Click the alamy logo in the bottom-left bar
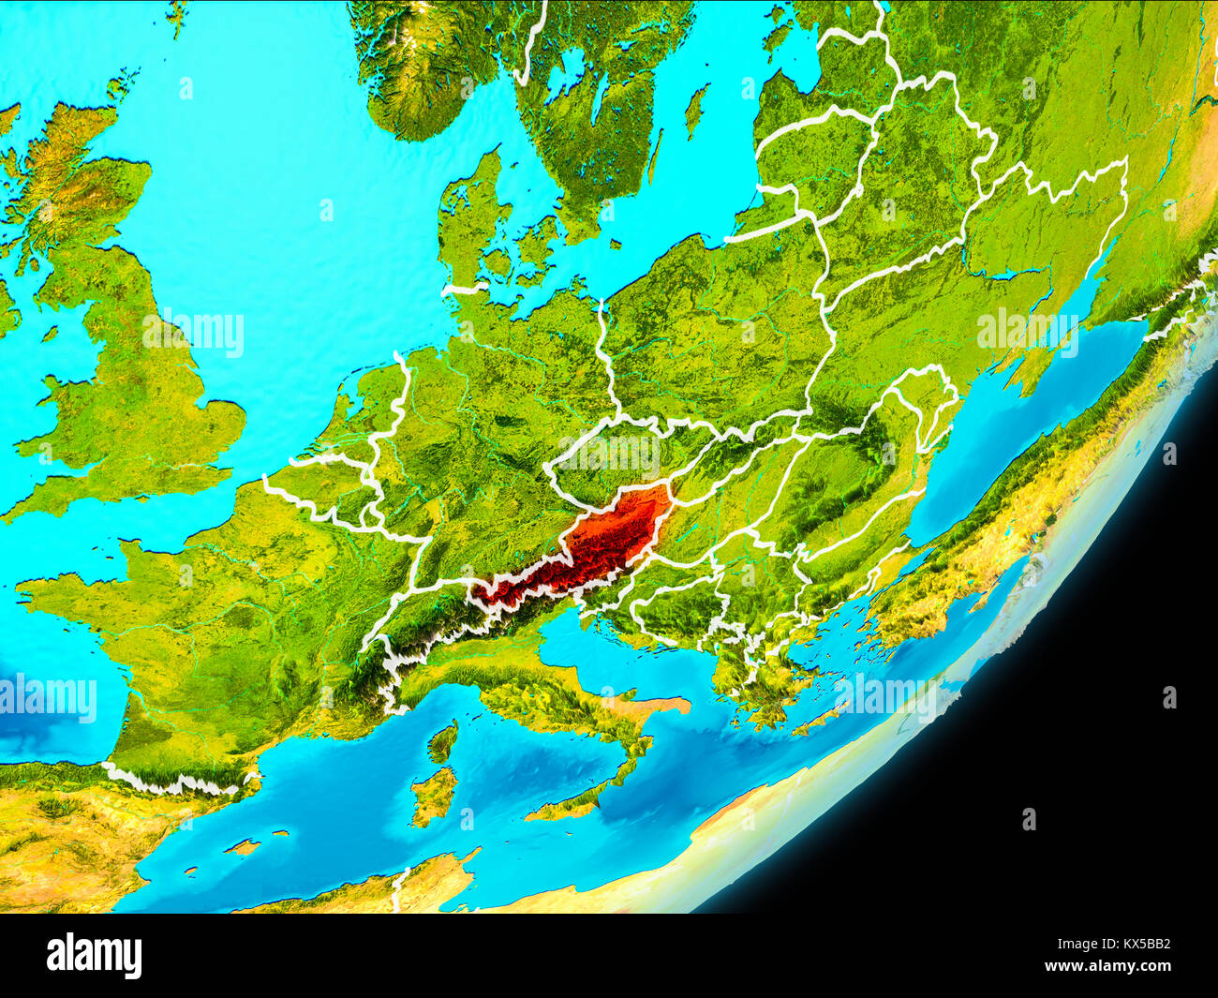(94, 955)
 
